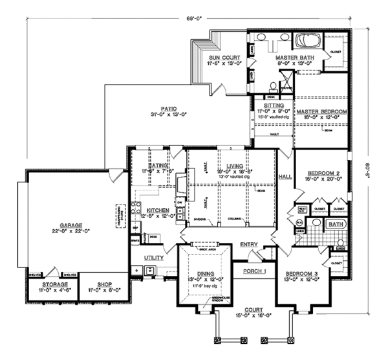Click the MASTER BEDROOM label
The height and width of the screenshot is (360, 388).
pyautogui.click(x=322, y=111)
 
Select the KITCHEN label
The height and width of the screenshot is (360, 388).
pyautogui.click(x=158, y=210)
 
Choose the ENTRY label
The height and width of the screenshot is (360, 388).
pyautogui.click(x=248, y=244)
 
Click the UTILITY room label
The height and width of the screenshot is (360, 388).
pyautogui.click(x=153, y=258)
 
